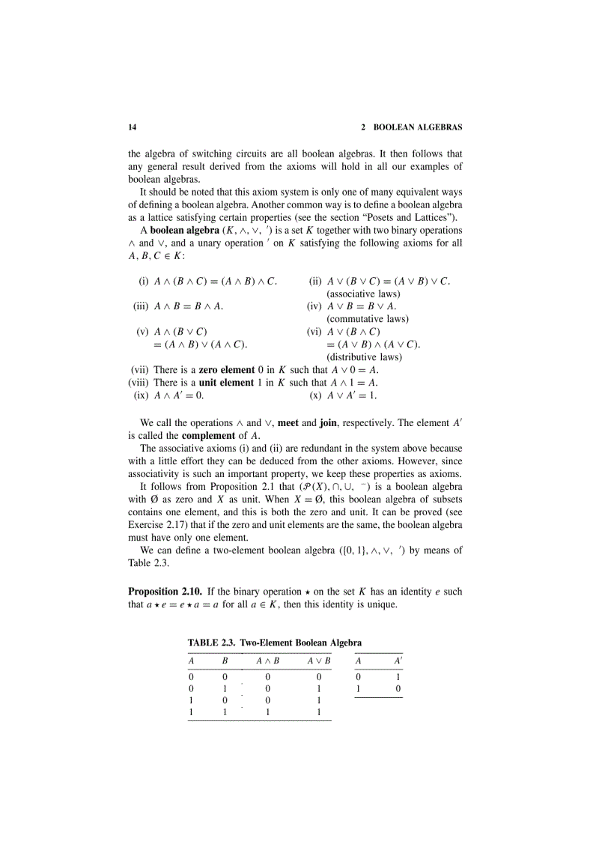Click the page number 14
133,127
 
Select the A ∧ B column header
267,661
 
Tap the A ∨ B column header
319,661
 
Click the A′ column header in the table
398,661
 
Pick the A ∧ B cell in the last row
267,713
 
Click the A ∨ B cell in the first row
319,675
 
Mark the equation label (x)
315,395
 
